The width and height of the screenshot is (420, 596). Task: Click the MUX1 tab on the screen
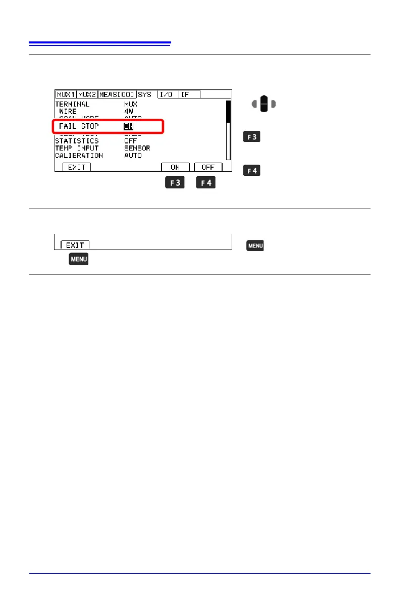66,94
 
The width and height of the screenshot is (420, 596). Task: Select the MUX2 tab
87,94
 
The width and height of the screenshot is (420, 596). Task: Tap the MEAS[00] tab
117,94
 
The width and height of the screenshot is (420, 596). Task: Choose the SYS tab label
144,94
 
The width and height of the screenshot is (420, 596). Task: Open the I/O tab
167,94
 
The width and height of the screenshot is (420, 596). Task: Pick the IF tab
189,94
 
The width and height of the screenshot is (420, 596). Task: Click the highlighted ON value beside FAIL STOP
129,126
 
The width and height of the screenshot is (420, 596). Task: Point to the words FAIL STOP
79,126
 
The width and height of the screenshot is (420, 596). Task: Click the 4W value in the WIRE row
129,111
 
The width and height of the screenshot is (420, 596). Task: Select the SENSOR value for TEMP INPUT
137,148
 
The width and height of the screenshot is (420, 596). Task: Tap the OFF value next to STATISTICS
131,141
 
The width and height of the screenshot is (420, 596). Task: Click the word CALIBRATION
79,156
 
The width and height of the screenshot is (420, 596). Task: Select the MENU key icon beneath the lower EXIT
79,260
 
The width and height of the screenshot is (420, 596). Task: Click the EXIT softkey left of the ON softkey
77,167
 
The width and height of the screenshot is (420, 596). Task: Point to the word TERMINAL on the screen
72,104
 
